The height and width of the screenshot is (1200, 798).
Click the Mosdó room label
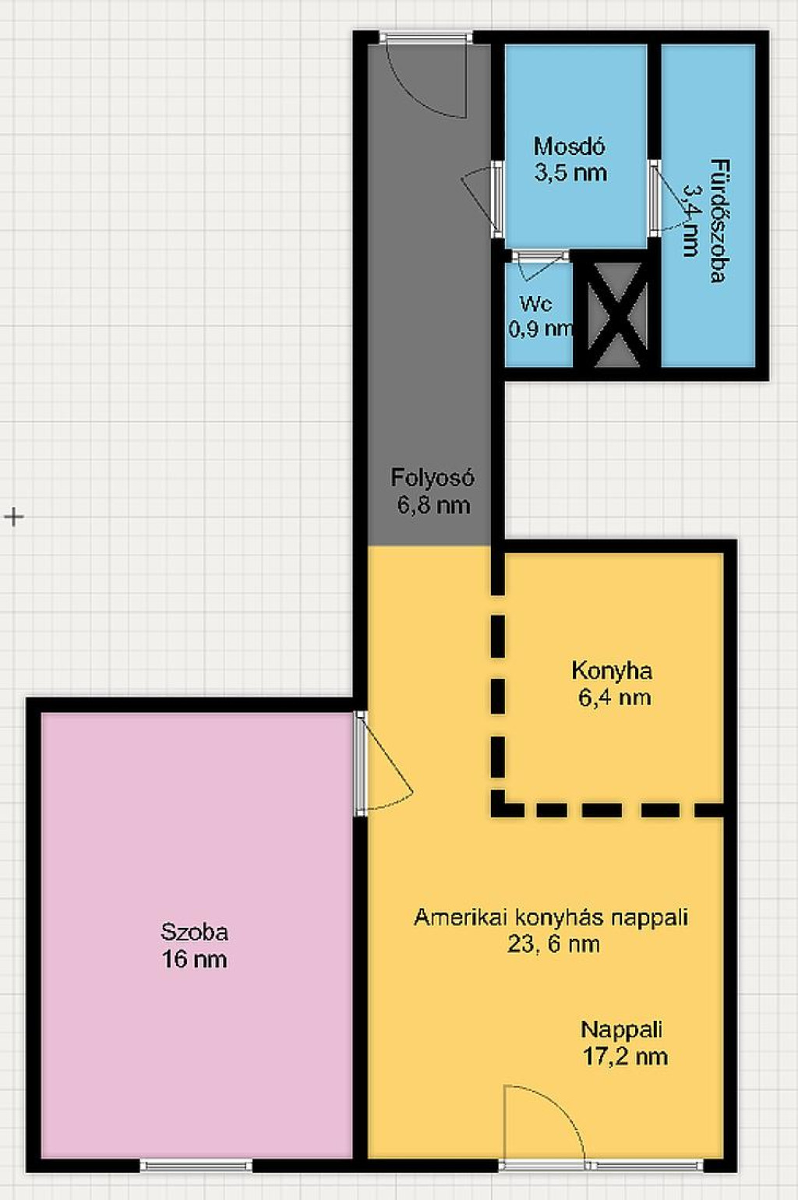(x=570, y=146)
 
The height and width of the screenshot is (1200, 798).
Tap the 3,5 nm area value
(x=570, y=173)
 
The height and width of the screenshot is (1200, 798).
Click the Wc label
(x=536, y=305)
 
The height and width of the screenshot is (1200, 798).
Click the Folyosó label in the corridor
(x=433, y=478)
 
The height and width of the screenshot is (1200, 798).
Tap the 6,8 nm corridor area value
(x=433, y=505)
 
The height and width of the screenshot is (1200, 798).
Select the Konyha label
(x=612, y=671)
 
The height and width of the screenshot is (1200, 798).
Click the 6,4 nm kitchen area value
(x=615, y=697)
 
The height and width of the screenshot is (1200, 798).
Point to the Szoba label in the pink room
(x=195, y=932)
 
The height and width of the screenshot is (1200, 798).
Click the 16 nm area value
(x=194, y=959)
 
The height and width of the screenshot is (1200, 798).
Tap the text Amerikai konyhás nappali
(x=551, y=917)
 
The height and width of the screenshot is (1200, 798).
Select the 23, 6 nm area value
(x=553, y=944)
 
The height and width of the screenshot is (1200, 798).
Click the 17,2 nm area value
(x=625, y=1057)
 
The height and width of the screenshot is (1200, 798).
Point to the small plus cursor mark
(x=14, y=517)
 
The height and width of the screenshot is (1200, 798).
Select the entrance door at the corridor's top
(x=426, y=75)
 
